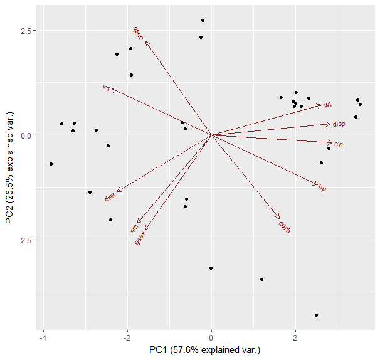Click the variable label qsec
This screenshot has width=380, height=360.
click(x=138, y=33)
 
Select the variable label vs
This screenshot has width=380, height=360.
click(x=106, y=88)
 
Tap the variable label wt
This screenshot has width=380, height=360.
click(x=327, y=104)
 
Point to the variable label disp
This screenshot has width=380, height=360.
click(x=339, y=124)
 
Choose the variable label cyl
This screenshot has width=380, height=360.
click(x=339, y=144)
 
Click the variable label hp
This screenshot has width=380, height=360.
click(x=322, y=188)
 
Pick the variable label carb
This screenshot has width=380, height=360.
click(x=285, y=227)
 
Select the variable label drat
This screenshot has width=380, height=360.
click(x=110, y=197)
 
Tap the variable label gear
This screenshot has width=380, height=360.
click(x=140, y=238)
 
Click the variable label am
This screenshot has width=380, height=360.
click(x=134, y=230)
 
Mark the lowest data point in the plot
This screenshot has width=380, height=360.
click(x=316, y=315)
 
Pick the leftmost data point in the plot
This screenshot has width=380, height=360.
click(x=51, y=164)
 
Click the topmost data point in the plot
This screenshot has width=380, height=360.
click(x=203, y=20)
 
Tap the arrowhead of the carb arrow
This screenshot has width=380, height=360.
click(x=279, y=218)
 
